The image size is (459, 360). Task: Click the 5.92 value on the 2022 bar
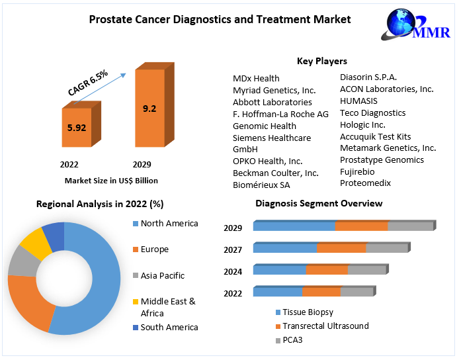tap(77, 128)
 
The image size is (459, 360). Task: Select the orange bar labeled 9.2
tap(150, 109)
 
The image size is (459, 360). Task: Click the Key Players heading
tap(321, 61)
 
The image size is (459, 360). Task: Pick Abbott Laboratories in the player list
tap(272, 103)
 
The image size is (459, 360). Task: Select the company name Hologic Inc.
tap(362, 124)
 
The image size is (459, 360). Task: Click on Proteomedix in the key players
tap(365, 183)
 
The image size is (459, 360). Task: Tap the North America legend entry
tap(169, 224)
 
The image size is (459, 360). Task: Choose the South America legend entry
tap(169, 327)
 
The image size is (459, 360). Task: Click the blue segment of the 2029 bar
tap(294, 226)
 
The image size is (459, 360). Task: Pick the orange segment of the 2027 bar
tap(341, 247)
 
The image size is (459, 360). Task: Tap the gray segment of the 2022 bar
tap(357, 291)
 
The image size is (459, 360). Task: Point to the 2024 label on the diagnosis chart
tap(233, 271)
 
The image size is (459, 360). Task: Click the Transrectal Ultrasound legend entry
tap(325, 326)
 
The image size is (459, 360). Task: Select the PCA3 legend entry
tap(292, 340)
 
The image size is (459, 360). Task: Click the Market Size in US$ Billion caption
tap(111, 180)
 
